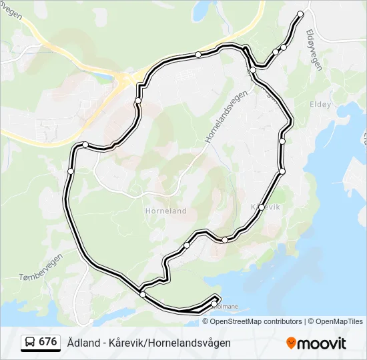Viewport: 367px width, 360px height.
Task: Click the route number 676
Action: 47,342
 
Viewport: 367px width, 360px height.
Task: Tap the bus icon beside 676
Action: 30,343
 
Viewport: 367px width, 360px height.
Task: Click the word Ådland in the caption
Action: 80,343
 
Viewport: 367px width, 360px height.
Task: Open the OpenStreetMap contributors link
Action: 256,321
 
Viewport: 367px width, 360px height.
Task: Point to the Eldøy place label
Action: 320,105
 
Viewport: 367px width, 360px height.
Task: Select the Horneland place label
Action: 165,211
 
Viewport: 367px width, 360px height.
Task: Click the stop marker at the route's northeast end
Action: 300,14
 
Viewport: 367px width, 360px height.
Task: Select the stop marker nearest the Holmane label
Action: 214,303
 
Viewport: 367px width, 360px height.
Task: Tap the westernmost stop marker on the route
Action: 71,171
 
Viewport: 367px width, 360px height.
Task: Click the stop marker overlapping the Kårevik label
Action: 262,207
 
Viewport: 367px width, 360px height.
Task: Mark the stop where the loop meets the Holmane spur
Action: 143,294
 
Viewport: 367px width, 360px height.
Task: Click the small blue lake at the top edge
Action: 200,10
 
